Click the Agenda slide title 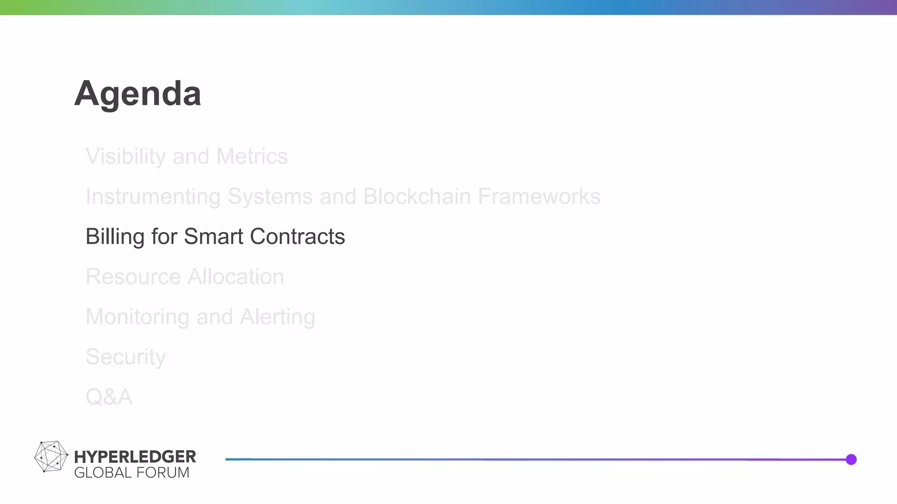(138, 94)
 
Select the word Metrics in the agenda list (252, 157)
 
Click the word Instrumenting (153, 197)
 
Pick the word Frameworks (539, 196)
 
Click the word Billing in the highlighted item (115, 237)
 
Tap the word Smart (213, 237)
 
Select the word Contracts (297, 237)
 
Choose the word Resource (133, 277)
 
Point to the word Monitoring (137, 317)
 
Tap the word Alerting (277, 317)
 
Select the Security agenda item (126, 357)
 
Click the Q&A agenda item (109, 397)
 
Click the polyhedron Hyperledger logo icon (51, 457)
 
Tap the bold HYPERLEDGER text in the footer (135, 457)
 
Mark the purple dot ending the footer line (851, 459)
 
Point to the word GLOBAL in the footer (103, 473)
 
